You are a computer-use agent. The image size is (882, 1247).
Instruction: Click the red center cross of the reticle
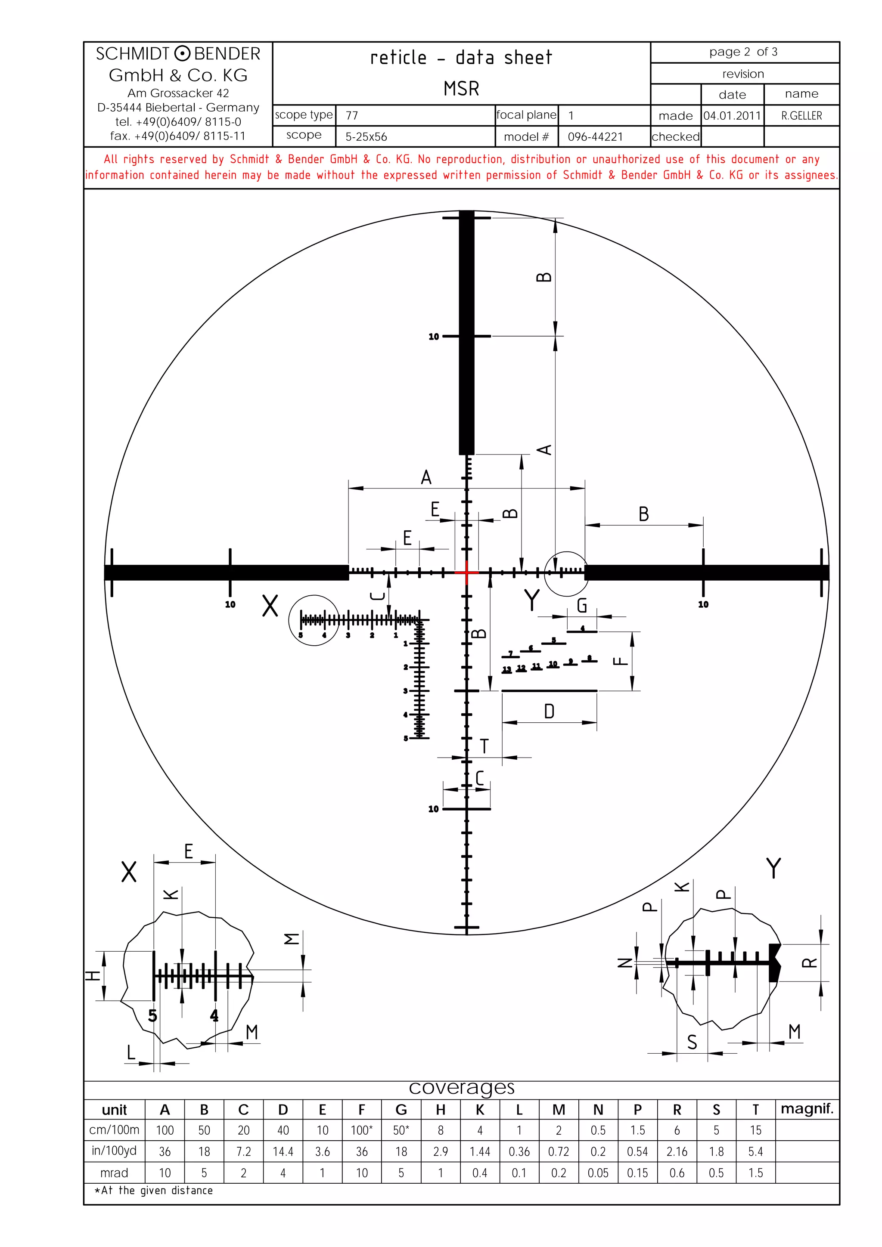[466, 572]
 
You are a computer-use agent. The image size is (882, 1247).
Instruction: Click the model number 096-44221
[595, 137]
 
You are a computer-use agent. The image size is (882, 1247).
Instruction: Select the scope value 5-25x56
[366, 137]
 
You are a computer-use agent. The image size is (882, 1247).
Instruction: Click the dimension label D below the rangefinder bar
[549, 712]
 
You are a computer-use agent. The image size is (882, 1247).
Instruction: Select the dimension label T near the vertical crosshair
[484, 746]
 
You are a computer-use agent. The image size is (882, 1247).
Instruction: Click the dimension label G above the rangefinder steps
[581, 605]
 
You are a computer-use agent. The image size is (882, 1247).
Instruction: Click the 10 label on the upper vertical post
[433, 337]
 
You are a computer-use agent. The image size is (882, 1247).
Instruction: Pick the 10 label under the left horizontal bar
[230, 604]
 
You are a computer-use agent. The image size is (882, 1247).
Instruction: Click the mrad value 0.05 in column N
[598, 1173]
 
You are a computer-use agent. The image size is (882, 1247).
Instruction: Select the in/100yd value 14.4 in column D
[283, 1151]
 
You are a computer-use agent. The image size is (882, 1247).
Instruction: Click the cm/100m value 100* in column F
[361, 1130]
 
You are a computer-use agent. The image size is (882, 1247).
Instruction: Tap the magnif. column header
[807, 1108]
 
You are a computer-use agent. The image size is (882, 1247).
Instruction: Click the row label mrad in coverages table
[114, 1173]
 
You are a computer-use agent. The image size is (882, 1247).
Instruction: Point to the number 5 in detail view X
[153, 1015]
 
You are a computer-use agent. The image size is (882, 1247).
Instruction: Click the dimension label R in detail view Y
[809, 962]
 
